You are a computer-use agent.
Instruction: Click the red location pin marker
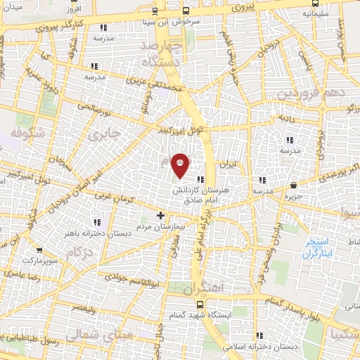point(181,165)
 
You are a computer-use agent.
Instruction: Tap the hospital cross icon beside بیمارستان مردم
point(160,215)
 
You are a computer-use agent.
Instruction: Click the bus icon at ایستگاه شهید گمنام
point(200,304)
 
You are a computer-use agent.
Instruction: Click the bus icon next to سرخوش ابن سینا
point(186,11)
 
